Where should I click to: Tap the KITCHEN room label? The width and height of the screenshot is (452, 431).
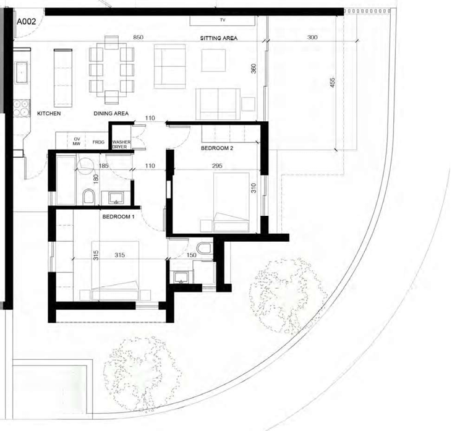tap(48, 114)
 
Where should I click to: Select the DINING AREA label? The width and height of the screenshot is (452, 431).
tap(111, 114)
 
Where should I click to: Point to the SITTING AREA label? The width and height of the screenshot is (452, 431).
tap(218, 38)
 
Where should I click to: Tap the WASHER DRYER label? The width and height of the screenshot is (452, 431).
tap(120, 144)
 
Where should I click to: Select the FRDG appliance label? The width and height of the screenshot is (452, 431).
tap(98, 142)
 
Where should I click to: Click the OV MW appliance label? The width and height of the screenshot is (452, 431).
tap(78, 142)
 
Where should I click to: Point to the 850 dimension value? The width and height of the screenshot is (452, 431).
tap(139, 38)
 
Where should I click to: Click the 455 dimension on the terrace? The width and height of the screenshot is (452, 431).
tap(333, 83)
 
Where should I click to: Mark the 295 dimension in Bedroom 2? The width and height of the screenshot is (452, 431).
tap(217, 166)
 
